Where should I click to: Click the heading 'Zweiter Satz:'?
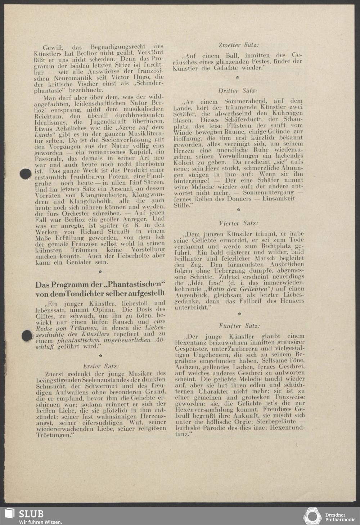tap(239, 45)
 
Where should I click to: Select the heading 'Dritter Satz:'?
tap(238, 91)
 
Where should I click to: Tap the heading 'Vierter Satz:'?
tap(238, 223)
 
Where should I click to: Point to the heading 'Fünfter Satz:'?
tap(239, 326)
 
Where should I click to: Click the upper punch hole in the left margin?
tap(25, 174)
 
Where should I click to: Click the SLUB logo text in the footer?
tap(31, 513)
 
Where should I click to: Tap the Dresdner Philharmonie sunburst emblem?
tap(312, 516)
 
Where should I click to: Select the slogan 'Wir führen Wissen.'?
tap(40, 522)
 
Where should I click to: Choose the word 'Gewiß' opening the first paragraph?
tap(53, 47)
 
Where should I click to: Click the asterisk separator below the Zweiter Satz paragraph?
tap(238, 77)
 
